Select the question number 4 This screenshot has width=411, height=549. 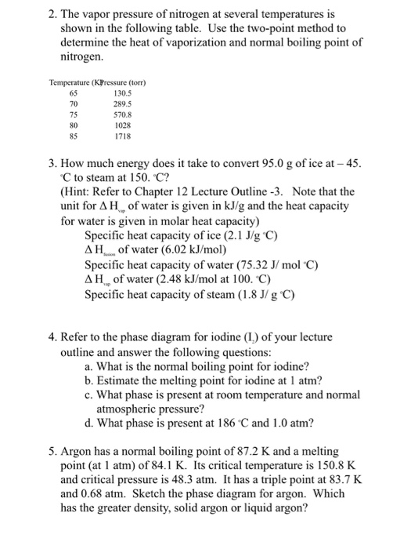pos(52,339)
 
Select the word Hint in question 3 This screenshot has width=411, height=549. pos(81,191)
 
